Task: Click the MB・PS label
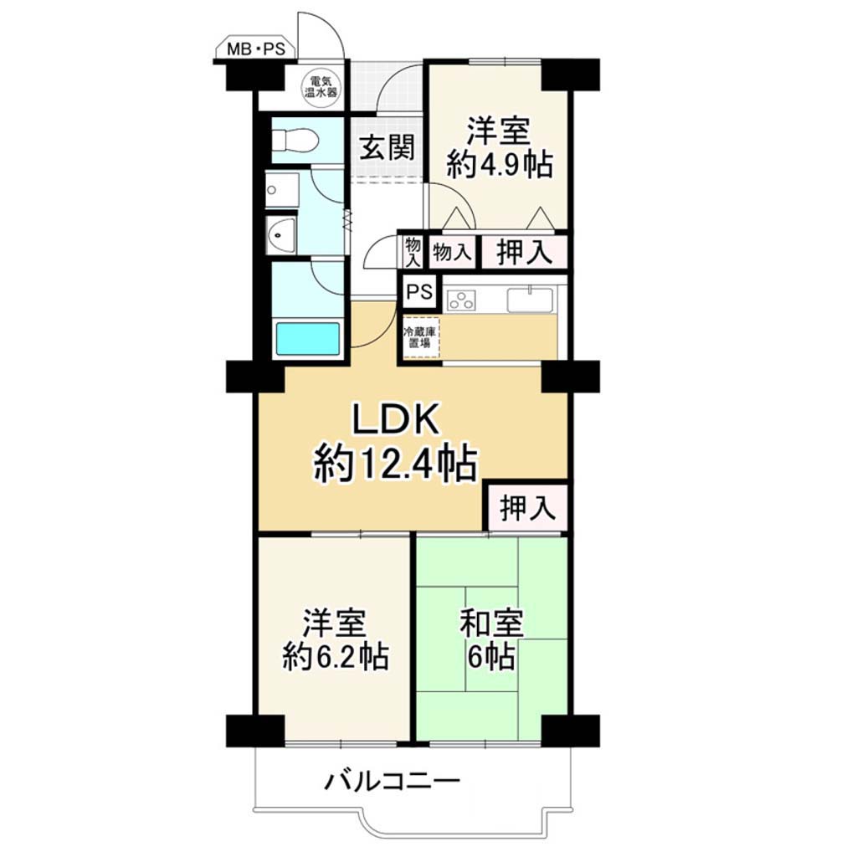pos(256,49)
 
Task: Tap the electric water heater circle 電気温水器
pos(321,86)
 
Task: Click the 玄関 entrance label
pos(387,147)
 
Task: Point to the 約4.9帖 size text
pos(500,163)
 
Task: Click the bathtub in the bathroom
pos(308,339)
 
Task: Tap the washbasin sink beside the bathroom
pos(281,235)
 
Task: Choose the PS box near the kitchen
pos(419,292)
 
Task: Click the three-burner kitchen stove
pos(461,300)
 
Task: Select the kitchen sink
pos(530,300)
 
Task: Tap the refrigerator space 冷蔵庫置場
pos(421,338)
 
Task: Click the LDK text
pos(395,420)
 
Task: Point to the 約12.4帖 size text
pos(396,464)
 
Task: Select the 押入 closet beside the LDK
pos(527,507)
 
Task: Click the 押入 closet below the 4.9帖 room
pos(524,252)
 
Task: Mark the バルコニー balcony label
pos(392,783)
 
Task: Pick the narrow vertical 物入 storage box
pos(413,252)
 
